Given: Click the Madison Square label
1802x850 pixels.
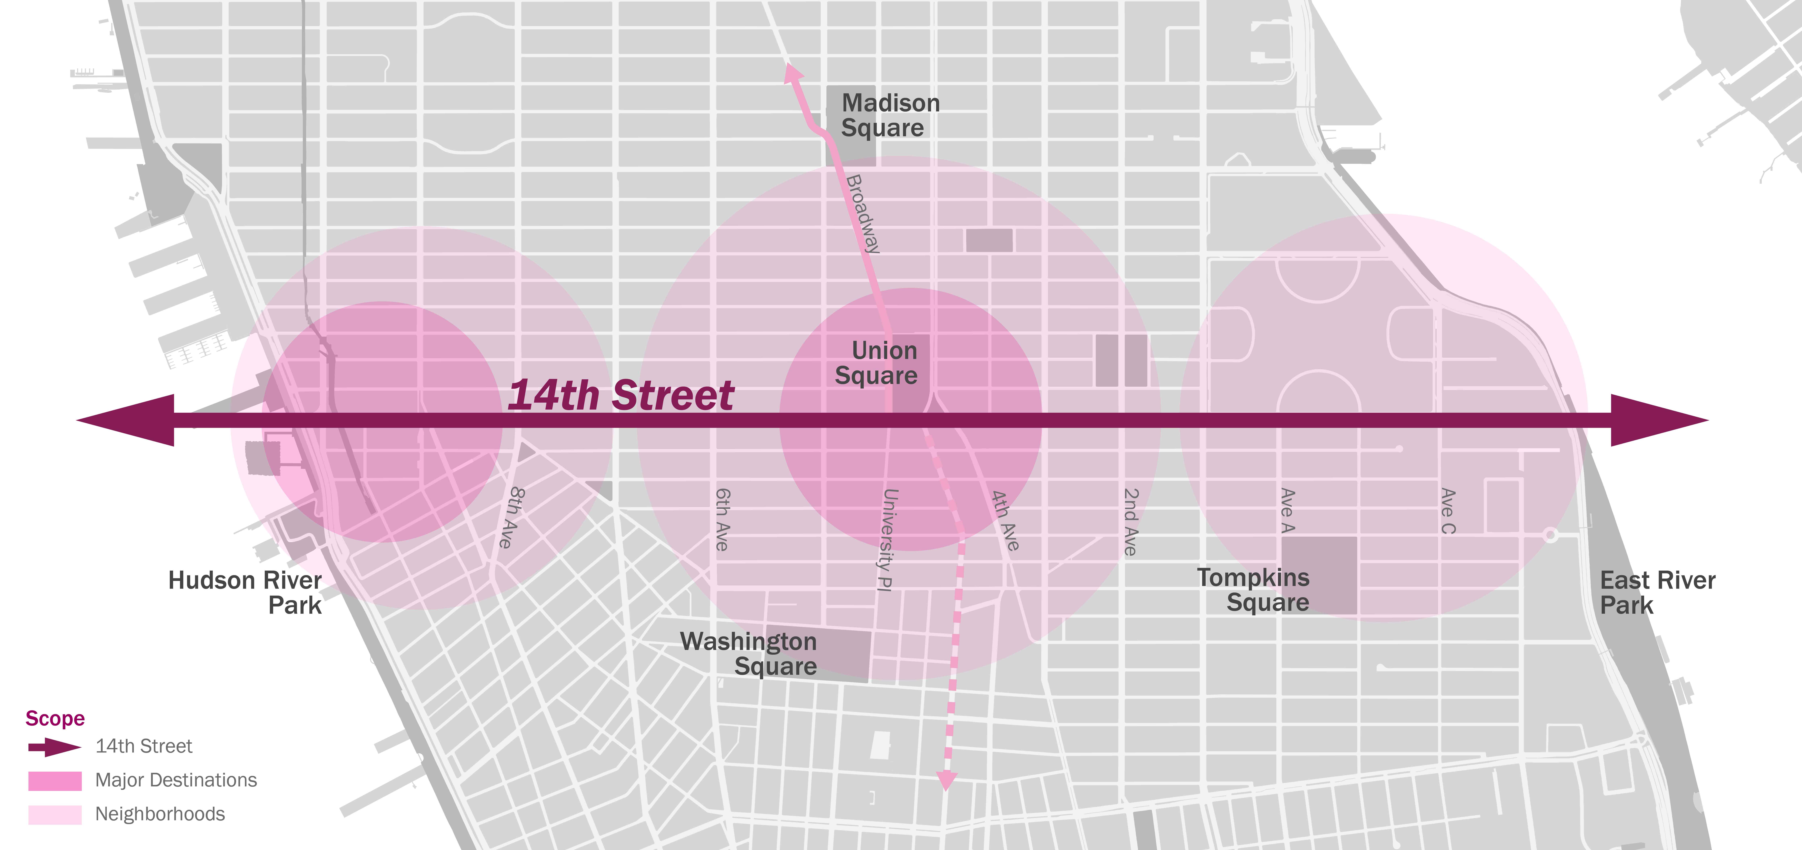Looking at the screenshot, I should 890,115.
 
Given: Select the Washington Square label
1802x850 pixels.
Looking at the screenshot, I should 749,653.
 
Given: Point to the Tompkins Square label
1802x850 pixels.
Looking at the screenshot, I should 1254,590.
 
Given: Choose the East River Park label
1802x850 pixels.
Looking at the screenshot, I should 1656,593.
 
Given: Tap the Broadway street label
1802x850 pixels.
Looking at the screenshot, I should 863,213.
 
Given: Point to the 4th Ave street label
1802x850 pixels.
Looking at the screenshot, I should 1005,520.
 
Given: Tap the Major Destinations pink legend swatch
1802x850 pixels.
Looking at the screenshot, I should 55,781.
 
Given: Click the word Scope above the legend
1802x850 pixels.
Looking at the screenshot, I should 55,718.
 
